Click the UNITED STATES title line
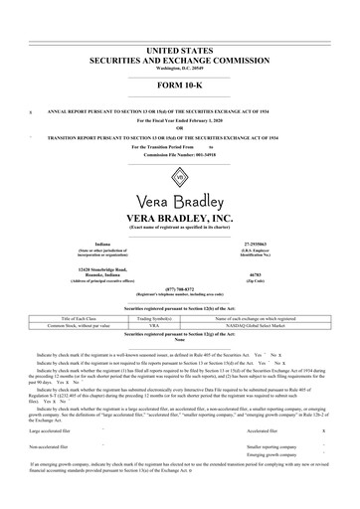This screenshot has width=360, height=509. click(x=179, y=48)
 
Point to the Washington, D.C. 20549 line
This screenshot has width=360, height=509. click(x=179, y=65)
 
